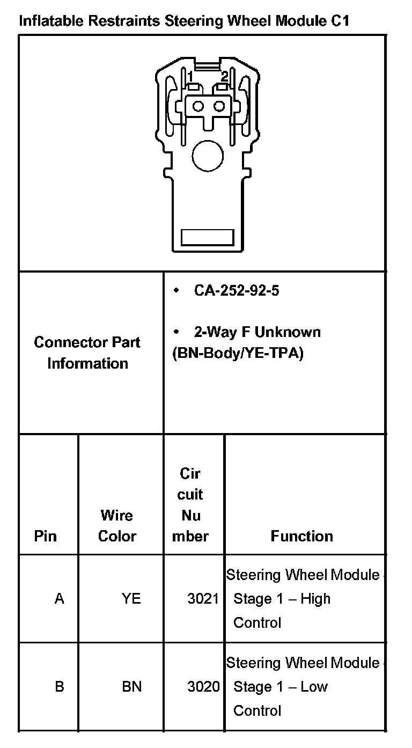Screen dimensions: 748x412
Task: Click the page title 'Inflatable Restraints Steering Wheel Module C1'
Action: point(184,21)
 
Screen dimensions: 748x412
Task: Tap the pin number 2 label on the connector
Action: point(224,76)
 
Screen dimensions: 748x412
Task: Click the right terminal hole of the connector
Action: point(218,106)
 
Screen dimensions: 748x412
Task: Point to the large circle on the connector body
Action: point(207,157)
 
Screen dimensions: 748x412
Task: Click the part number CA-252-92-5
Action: point(236,291)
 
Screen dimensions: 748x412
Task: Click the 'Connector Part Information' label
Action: point(87,353)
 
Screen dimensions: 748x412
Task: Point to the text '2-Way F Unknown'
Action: point(257,332)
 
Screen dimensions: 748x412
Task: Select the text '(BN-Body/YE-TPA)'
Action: point(238,354)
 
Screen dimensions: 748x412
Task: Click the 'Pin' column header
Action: point(45,536)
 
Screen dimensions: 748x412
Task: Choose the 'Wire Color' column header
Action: point(117,525)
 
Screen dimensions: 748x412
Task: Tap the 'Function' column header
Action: point(301,536)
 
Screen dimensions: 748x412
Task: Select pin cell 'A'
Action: point(59,598)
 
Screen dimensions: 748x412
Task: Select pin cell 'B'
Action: point(59,686)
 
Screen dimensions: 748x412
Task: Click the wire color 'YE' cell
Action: point(131,598)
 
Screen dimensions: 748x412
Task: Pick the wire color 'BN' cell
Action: point(131,686)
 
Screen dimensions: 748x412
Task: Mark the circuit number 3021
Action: point(203,598)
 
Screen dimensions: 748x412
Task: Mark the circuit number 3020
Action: point(203,686)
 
